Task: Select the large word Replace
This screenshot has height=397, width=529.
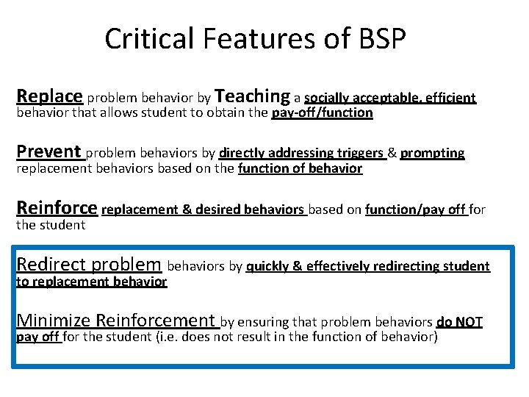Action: click(x=49, y=96)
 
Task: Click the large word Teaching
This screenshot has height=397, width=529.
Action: click(x=253, y=96)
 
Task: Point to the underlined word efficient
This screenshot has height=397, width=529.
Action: click(x=448, y=98)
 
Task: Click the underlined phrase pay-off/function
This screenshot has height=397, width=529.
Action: click(x=322, y=113)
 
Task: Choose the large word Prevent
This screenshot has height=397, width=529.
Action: click(x=48, y=152)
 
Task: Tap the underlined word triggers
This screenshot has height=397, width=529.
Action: click(x=359, y=153)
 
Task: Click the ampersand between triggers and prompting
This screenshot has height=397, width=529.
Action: click(x=392, y=153)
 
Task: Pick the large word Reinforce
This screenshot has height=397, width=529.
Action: click(x=57, y=208)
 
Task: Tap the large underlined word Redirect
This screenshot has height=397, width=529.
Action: click(x=49, y=265)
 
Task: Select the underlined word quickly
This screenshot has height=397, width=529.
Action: click(x=268, y=266)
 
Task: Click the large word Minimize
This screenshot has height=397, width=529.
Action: click(x=54, y=321)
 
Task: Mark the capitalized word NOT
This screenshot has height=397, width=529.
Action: click(x=468, y=322)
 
